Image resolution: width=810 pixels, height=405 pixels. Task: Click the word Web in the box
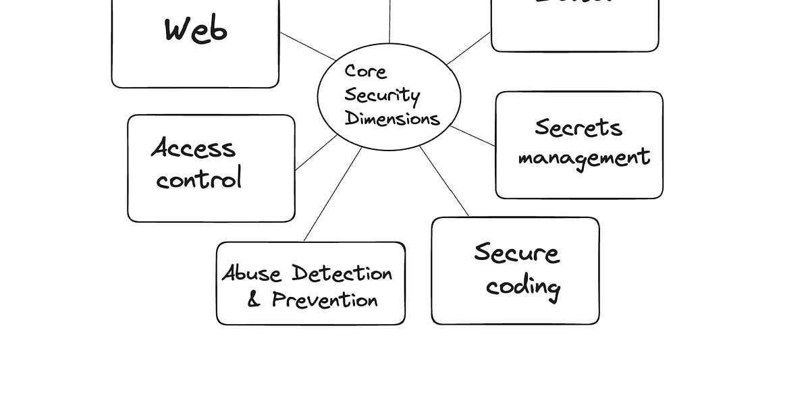click(196, 30)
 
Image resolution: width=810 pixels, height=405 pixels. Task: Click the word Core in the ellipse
click(365, 72)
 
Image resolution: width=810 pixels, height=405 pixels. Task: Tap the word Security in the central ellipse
click(382, 96)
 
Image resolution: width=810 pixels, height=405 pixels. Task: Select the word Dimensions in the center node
click(392, 119)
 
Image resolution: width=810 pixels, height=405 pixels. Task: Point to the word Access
click(193, 148)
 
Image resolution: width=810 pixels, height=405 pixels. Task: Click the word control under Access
click(198, 180)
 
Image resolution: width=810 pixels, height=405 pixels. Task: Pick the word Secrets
click(578, 127)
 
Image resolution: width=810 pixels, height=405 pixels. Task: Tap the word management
click(584, 158)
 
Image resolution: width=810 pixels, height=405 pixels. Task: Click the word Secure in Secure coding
click(516, 253)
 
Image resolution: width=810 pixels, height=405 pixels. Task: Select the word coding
click(523, 287)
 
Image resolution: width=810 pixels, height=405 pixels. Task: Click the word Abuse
click(251, 274)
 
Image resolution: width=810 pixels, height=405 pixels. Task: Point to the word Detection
click(342, 273)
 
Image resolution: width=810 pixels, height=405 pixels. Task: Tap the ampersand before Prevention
click(254, 300)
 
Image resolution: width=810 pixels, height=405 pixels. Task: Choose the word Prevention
click(325, 300)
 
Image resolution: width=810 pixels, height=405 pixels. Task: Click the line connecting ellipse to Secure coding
click(444, 181)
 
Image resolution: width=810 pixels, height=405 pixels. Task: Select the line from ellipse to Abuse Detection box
click(333, 194)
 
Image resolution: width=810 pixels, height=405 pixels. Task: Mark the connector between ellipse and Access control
click(316, 153)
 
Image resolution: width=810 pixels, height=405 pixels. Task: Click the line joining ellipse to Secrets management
click(473, 136)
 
